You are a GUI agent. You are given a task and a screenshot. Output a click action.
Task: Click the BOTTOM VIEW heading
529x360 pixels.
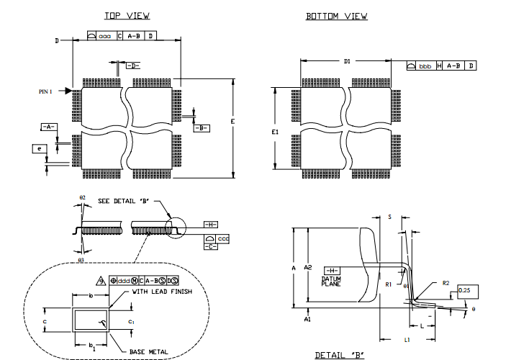(336, 16)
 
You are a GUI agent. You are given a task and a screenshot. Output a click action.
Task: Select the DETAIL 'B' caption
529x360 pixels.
(340, 354)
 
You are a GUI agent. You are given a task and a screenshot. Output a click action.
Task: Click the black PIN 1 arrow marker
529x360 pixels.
(68, 91)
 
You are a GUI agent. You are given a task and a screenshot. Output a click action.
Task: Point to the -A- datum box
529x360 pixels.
(48, 127)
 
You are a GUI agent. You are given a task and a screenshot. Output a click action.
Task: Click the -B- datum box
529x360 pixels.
(202, 127)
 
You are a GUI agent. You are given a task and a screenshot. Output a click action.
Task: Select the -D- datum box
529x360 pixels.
(132, 66)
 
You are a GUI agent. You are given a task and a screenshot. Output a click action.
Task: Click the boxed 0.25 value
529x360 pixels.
(466, 292)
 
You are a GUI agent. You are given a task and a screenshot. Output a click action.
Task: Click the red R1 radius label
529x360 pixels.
(389, 284)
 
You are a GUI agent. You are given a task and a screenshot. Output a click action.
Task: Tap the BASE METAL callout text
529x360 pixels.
(148, 351)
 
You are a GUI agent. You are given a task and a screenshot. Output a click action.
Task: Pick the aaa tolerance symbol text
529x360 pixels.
(105, 35)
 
